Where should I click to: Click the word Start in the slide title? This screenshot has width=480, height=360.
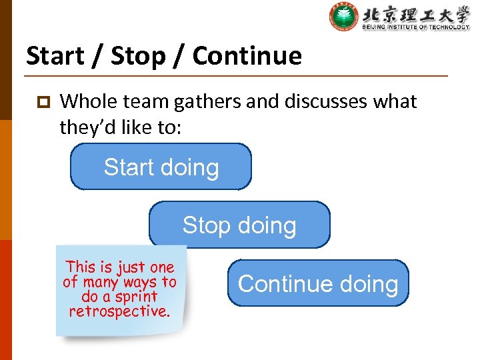[55, 56]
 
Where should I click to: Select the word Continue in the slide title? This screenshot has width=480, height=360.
[247, 56]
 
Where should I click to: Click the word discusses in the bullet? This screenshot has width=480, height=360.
[317, 102]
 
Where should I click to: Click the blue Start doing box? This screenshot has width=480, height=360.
[161, 167]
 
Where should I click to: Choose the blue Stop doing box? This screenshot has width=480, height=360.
[239, 225]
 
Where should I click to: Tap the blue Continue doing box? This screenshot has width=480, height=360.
[318, 283]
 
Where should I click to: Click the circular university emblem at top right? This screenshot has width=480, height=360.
[343, 17]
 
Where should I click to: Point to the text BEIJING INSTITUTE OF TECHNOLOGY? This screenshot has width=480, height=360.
[416, 27]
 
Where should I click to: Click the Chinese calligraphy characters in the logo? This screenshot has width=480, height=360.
[416, 13]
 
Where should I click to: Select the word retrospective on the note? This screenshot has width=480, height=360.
[119, 311]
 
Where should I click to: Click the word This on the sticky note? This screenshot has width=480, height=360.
[80, 267]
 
